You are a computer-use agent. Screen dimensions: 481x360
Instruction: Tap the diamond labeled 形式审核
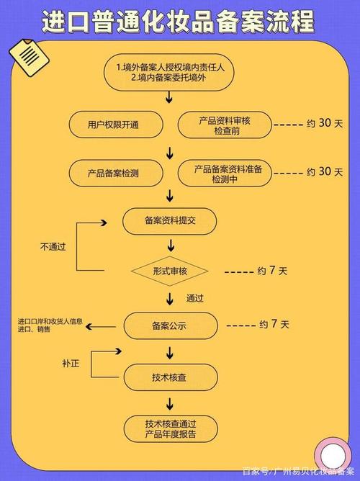[169, 271]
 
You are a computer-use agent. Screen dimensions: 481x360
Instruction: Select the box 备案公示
[169, 325]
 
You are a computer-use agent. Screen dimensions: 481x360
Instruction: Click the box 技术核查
[169, 377]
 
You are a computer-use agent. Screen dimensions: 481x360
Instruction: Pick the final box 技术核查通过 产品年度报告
[169, 428]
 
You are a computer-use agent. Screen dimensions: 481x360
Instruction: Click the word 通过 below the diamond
[195, 297]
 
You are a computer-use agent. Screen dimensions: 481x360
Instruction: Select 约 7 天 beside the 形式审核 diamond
[272, 271]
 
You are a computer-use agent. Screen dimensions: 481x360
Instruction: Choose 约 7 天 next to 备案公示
[274, 325]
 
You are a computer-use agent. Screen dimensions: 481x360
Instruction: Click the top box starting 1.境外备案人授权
[169, 72]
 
